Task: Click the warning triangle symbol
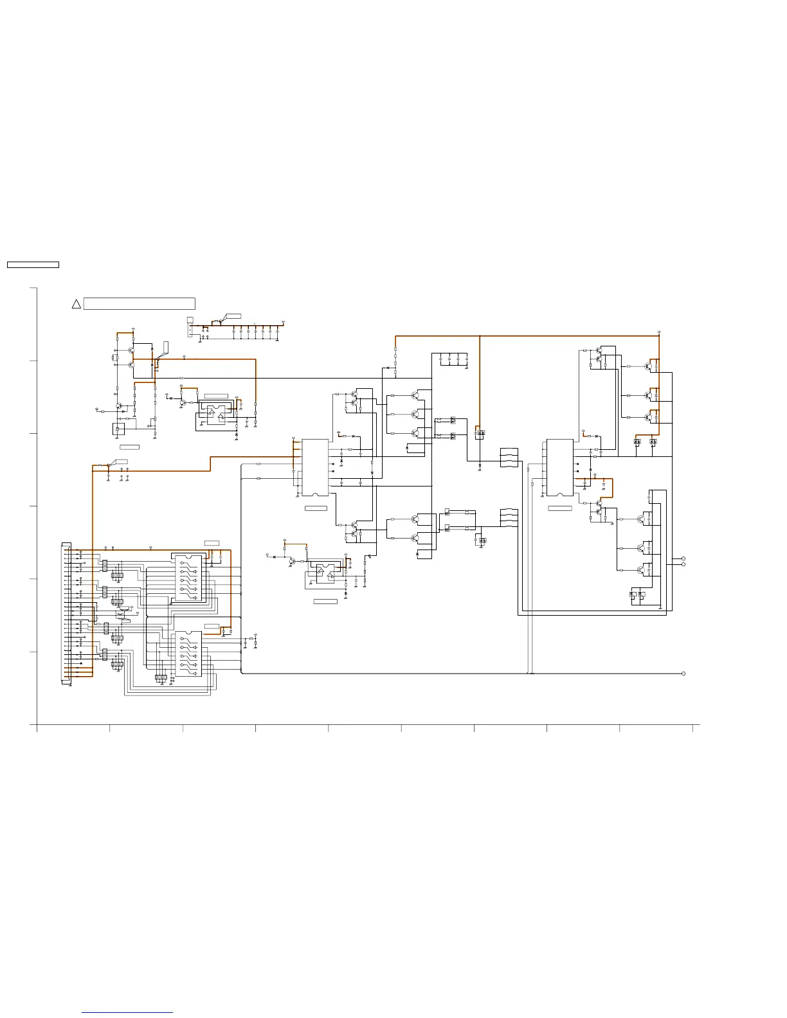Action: [75, 304]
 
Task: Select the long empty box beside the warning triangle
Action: [140, 304]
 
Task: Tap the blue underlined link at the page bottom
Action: [127, 1012]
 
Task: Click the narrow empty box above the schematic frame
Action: [33, 265]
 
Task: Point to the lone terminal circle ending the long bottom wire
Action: [683, 674]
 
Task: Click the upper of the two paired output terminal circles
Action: [683, 558]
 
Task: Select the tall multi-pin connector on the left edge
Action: [67, 613]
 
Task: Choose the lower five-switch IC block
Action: [188, 654]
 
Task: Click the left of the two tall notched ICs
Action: [315, 468]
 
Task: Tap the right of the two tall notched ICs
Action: [559, 468]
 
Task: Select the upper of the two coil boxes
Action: [509, 457]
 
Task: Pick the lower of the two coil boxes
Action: [509, 518]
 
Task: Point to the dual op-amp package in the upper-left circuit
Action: [216, 413]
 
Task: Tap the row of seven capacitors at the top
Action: [255, 332]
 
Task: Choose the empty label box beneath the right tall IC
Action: [559, 508]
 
